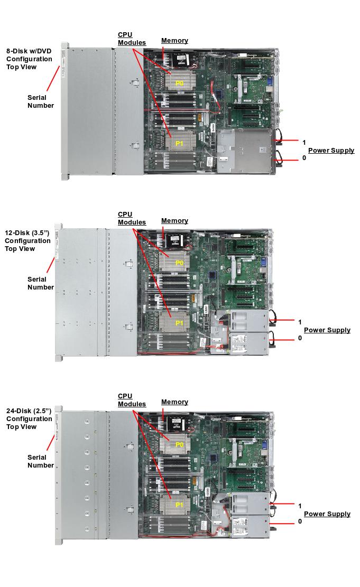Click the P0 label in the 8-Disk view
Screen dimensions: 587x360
(x=179, y=83)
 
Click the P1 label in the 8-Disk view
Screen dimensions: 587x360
(x=179, y=143)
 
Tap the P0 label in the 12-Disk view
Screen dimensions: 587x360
(x=179, y=263)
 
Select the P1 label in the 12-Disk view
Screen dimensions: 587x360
(x=179, y=322)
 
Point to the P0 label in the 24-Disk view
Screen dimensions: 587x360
(x=179, y=445)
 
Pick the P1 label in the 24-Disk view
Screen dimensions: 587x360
(x=179, y=505)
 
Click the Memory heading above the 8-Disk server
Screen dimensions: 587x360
(x=174, y=41)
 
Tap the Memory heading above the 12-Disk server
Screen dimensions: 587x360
(x=174, y=221)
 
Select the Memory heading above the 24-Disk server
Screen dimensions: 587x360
(x=174, y=402)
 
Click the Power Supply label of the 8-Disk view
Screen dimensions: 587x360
(x=331, y=151)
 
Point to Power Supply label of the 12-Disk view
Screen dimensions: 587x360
(x=327, y=330)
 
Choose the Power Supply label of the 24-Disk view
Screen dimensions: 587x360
(x=327, y=514)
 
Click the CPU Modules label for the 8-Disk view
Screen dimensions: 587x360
(x=132, y=39)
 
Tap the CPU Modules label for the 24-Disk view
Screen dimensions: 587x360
(x=132, y=400)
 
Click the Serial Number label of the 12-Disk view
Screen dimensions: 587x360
(x=41, y=283)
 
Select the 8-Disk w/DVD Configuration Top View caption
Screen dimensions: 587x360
(x=29, y=59)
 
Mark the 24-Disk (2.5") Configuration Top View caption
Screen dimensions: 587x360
(x=29, y=418)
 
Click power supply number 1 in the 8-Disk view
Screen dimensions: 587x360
(x=304, y=143)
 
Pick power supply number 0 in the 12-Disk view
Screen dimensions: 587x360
(x=300, y=338)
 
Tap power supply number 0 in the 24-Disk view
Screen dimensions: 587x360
(x=300, y=521)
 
